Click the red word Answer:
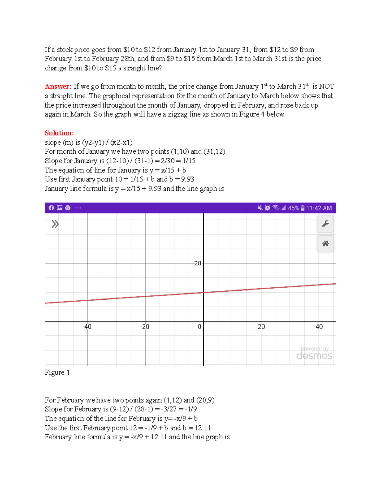coord(58,86)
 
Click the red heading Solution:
coord(59,133)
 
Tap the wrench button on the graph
coord(325,224)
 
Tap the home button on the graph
coord(325,243)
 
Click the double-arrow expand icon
coord(55,224)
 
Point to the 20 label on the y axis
coord(197,263)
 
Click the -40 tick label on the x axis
coord(87,327)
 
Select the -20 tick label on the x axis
coord(144,327)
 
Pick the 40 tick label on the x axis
coord(319,327)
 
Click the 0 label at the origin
coord(199,327)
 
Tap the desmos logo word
coord(314,356)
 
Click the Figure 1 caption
coord(57,372)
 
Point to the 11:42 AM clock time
coord(319,208)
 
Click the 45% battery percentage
coord(293,208)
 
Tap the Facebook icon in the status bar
coord(51,208)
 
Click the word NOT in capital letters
coord(326,86)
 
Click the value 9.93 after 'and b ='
coord(187,179)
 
